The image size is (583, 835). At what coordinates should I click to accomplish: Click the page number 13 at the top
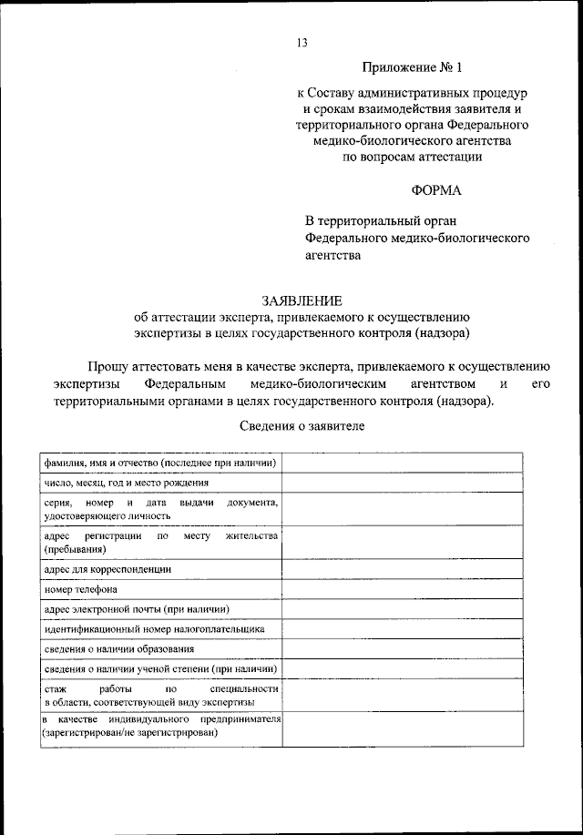tap(302, 42)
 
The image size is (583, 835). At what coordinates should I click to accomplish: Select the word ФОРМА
tap(436, 190)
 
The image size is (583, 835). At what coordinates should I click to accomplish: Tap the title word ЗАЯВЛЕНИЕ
tap(302, 300)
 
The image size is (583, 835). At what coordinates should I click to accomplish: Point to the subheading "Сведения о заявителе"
tap(302, 426)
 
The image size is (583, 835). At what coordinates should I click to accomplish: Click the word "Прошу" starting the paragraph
tap(107, 367)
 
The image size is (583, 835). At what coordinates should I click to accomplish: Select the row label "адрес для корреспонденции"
tap(108, 569)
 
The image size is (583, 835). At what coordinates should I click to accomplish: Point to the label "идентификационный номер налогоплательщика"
tap(154, 629)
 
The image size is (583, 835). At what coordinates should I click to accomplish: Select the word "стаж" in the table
tap(54, 690)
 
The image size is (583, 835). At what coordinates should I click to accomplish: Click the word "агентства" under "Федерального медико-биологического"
tap(332, 256)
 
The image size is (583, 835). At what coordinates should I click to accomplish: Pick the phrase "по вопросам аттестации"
tap(412, 157)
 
